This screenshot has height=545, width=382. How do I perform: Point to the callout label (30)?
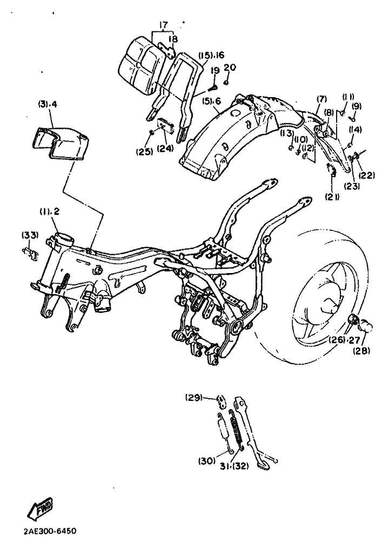point(206,461)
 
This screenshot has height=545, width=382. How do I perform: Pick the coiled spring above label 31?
point(237,430)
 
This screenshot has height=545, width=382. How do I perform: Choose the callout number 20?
point(230,67)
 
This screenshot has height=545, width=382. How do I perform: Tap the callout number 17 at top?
point(163,25)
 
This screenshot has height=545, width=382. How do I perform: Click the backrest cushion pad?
point(141,65)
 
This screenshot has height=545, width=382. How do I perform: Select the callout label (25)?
point(144,151)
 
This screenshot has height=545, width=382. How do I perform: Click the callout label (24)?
point(165,148)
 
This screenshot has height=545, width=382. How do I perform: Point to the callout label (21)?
point(333,197)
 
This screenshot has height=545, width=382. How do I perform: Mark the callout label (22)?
point(366,175)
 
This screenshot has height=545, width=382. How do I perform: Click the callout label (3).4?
point(48,104)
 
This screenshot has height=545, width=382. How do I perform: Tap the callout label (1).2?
point(49,212)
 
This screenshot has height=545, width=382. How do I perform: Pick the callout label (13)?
point(289,133)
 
